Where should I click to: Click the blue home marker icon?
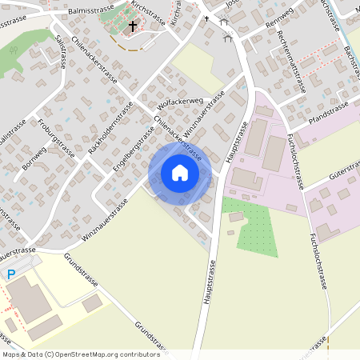click(180, 173)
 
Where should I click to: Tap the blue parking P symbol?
click(11, 274)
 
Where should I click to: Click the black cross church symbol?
click(133, 26)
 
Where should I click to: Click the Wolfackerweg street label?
click(182, 102)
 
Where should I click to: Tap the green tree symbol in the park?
click(11, 50)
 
